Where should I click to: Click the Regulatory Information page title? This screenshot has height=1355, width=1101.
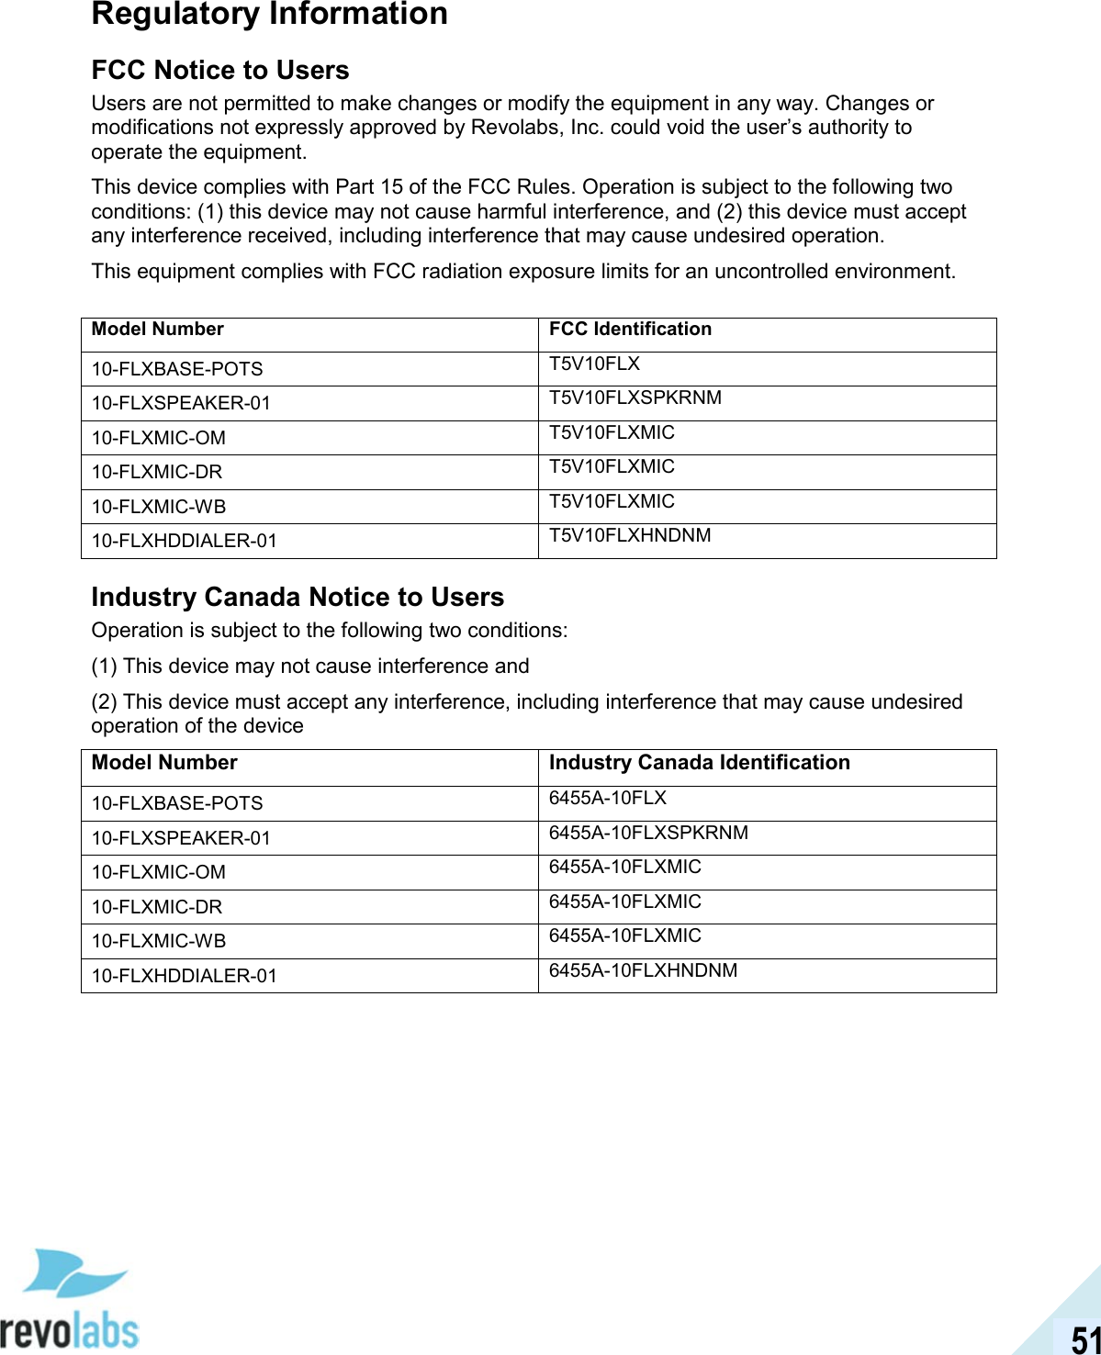click(x=269, y=15)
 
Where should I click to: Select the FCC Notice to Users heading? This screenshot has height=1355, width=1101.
click(x=220, y=71)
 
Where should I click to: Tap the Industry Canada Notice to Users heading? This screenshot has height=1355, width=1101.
click(x=298, y=598)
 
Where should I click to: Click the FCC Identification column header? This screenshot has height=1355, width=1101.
click(x=630, y=330)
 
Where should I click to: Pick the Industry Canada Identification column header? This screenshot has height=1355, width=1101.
click(x=699, y=763)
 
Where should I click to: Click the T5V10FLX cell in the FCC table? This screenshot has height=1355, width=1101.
click(x=594, y=364)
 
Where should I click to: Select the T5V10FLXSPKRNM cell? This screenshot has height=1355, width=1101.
click(x=635, y=398)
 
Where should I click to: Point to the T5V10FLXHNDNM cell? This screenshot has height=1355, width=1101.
click(x=630, y=536)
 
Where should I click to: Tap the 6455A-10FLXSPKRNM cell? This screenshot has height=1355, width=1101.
click(x=648, y=834)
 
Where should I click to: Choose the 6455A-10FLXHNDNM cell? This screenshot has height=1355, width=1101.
click(x=643, y=971)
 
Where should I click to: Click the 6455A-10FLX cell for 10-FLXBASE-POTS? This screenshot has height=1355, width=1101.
click(x=607, y=799)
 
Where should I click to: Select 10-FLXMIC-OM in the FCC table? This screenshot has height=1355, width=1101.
click(x=158, y=439)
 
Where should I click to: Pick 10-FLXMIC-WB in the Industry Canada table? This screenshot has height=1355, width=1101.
click(x=158, y=942)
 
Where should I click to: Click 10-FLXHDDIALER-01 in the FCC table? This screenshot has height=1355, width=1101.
click(x=184, y=542)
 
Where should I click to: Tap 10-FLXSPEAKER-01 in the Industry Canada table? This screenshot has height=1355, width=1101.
click(x=181, y=839)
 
